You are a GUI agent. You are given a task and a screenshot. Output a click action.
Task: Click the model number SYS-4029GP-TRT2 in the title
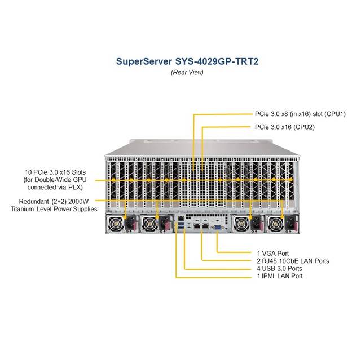217,61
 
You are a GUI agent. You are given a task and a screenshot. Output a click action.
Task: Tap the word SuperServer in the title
144,61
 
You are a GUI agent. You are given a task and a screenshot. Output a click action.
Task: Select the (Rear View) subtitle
187,73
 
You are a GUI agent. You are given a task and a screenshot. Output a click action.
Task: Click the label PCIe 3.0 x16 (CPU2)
284,127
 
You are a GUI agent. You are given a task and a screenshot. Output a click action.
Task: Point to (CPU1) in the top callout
335,114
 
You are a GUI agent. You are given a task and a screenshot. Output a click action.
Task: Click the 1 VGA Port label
273,254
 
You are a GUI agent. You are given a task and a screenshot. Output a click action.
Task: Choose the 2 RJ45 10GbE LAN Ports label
293,261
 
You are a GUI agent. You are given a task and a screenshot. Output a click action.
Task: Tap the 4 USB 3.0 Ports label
280,269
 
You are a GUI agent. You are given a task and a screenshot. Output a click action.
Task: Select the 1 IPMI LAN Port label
280,276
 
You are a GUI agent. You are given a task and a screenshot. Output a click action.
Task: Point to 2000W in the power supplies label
78,202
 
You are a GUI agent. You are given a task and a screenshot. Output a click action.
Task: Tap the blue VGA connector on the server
217,228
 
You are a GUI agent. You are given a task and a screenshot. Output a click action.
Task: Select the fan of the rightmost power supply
276,224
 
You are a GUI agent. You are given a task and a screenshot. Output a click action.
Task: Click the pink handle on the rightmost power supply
296,224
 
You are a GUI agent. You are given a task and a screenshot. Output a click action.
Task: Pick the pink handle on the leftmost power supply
137,224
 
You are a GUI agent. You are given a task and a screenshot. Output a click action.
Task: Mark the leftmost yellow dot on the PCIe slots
113,180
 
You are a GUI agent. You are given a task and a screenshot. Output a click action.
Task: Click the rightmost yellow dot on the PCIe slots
291,180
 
